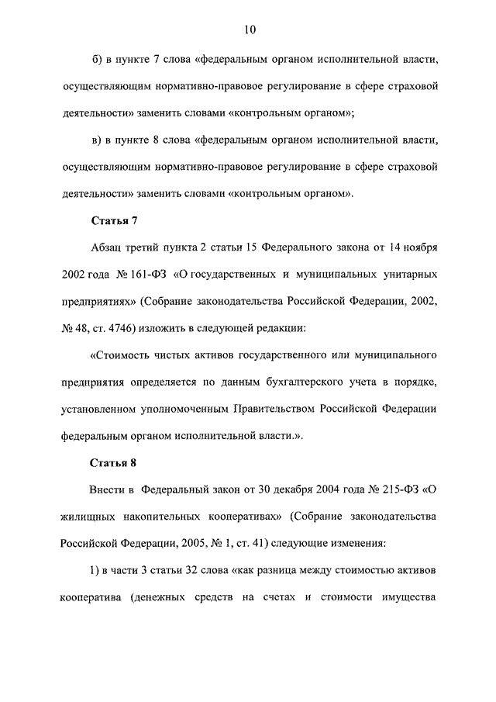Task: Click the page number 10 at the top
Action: (248, 30)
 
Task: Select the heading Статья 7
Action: (114, 220)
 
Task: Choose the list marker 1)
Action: (97, 571)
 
